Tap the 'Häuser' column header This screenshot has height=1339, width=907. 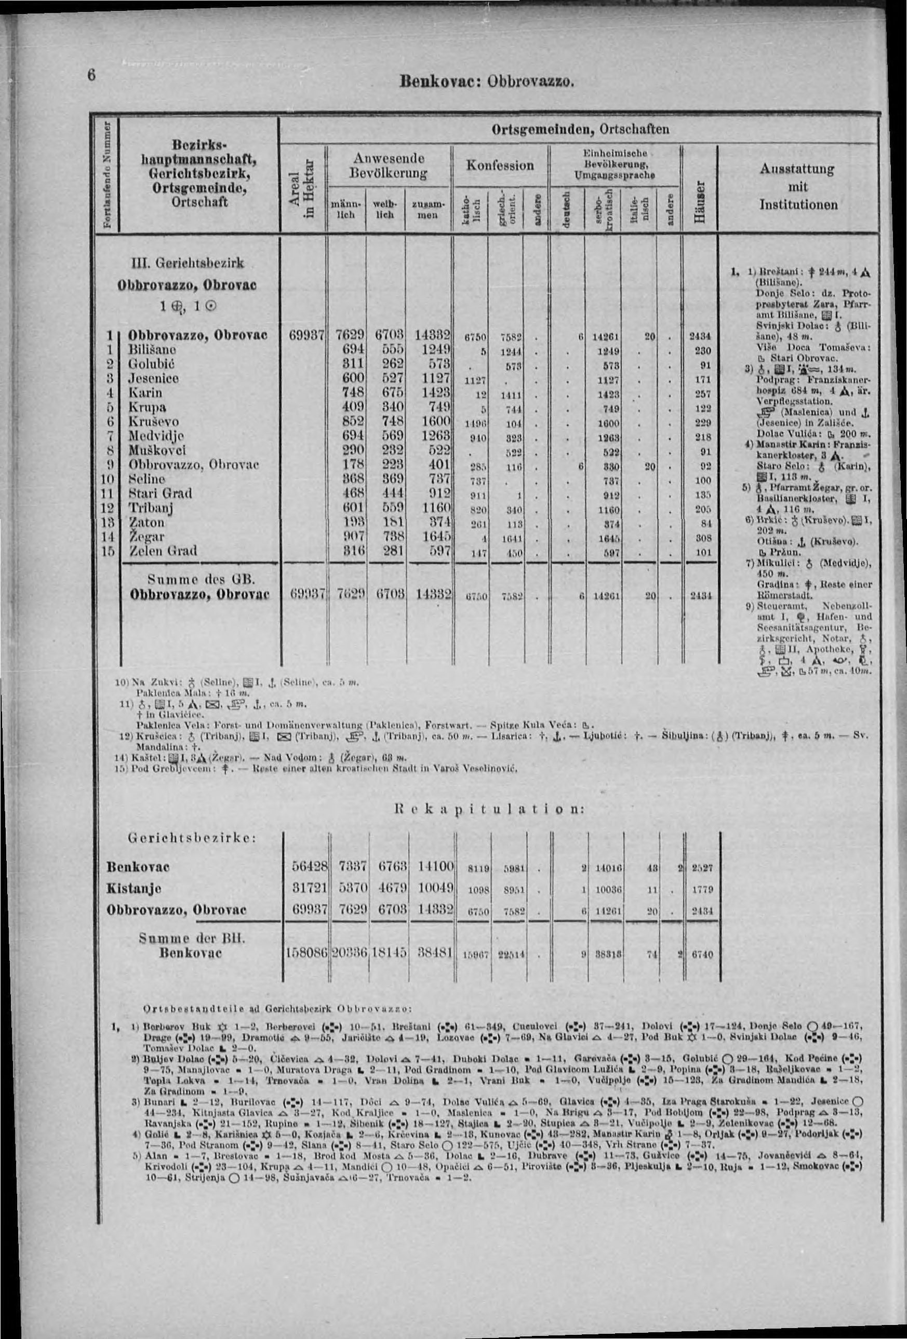click(699, 202)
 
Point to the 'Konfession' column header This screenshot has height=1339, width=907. click(500, 166)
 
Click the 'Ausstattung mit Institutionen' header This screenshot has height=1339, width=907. click(798, 187)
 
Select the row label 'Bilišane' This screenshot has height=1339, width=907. click(152, 350)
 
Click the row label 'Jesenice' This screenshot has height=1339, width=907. click(153, 378)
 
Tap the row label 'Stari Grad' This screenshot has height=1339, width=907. click(159, 493)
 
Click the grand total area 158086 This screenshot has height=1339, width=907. click(307, 953)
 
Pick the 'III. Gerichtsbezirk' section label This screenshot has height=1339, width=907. click(185, 263)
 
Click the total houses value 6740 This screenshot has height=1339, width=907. click(702, 954)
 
